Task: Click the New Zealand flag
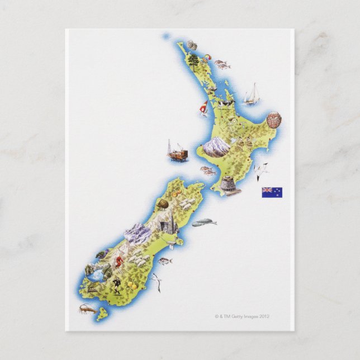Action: [272, 192]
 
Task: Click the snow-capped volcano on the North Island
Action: [216, 146]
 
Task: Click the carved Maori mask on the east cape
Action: [274, 120]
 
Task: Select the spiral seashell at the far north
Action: [192, 45]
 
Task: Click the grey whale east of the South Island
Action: [204, 222]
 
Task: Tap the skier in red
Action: [119, 260]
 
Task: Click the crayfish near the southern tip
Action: [87, 308]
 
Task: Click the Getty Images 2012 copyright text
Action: [243, 316]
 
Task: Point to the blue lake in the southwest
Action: [96, 274]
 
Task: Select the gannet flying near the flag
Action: [260, 170]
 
